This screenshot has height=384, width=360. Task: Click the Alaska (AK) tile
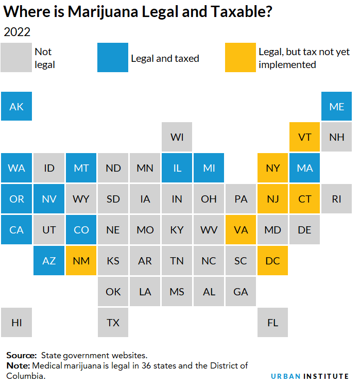tap(16, 107)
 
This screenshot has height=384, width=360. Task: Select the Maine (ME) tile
tap(336, 107)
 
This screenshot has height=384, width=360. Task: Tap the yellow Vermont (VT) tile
tap(304, 137)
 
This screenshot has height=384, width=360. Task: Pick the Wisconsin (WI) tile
tap(177, 137)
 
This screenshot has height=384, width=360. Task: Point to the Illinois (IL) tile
tap(177, 168)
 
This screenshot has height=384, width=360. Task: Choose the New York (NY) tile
tap(272, 168)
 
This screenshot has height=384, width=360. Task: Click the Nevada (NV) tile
tap(49, 199)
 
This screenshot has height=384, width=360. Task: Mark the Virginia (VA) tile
tap(241, 230)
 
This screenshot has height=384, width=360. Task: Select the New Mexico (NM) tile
tap(81, 261)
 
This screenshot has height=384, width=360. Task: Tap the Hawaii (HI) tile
tap(16, 323)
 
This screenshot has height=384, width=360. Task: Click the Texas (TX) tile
tap(113, 323)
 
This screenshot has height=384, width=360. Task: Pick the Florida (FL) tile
tap(272, 323)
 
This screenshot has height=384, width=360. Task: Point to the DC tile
tap(272, 261)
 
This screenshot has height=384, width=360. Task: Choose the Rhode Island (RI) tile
tap(336, 199)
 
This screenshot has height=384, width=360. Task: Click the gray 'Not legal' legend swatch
tap(16, 57)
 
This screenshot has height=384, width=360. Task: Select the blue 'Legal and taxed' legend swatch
tap(112, 57)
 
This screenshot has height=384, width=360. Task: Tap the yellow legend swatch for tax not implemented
tap(240, 57)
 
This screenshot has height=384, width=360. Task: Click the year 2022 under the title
tap(17, 32)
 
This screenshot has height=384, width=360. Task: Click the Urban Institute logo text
tap(310, 376)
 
